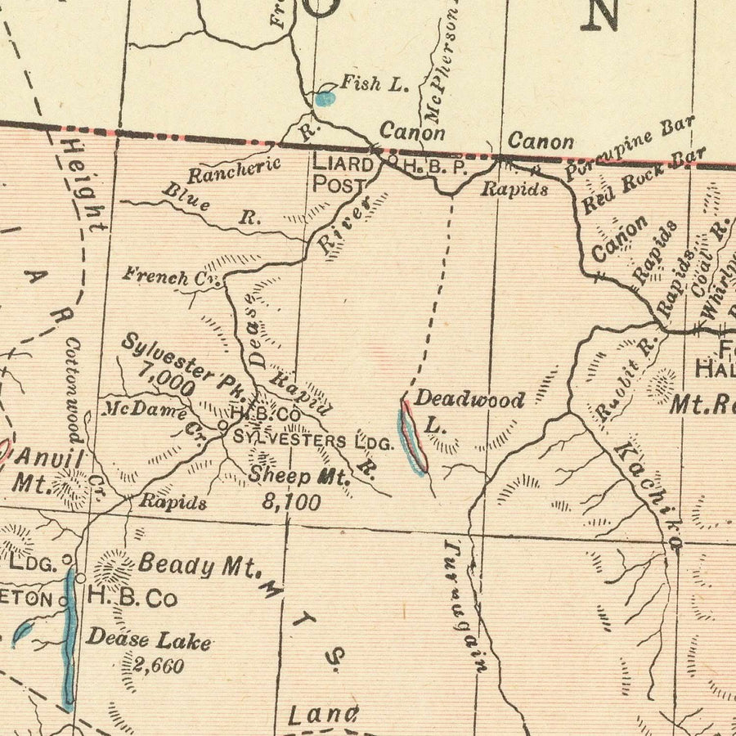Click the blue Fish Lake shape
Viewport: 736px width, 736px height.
click(x=325, y=99)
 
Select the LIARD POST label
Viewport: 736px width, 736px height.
click(x=338, y=173)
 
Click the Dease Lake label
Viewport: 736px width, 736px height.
click(x=149, y=641)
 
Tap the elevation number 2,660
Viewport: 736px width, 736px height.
click(x=157, y=666)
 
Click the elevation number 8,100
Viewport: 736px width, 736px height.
click(x=291, y=501)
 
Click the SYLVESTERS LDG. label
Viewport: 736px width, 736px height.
click(x=313, y=440)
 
